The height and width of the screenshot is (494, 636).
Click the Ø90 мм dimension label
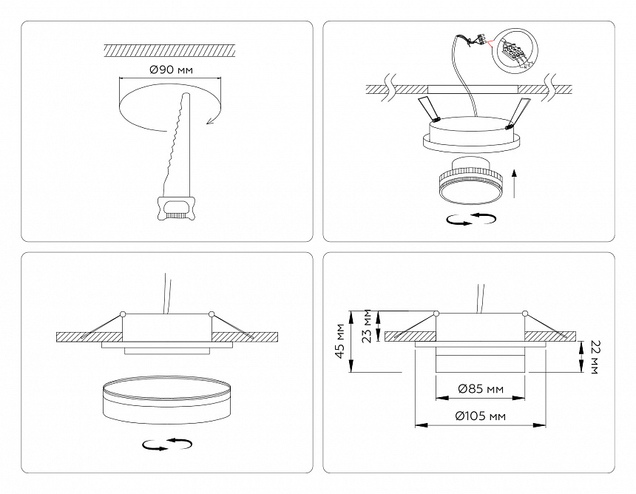click(170, 70)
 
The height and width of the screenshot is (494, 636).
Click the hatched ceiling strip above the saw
click(169, 50)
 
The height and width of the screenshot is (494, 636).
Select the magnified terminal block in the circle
click(516, 51)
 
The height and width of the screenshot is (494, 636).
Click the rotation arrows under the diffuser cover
click(167, 444)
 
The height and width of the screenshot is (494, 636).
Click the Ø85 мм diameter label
click(480, 388)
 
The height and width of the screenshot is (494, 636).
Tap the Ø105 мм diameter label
click(480, 416)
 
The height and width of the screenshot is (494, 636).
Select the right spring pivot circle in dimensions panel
click(525, 314)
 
